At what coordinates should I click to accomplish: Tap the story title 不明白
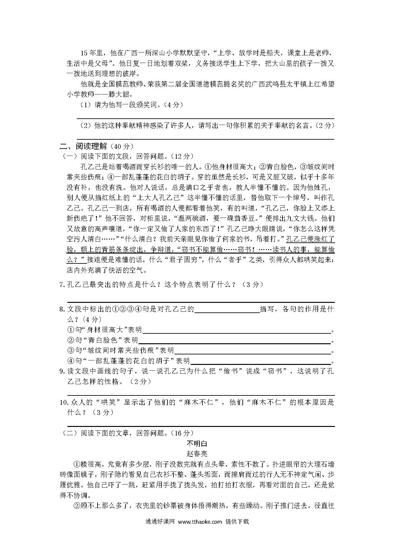197,443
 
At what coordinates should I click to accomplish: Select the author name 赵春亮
197,454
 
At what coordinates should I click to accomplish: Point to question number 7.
62,285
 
